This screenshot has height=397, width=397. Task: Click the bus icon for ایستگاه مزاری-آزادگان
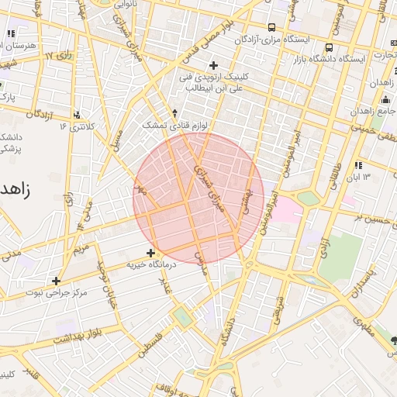[x=271, y=26]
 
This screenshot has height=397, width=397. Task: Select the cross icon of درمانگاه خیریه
[x=150, y=253]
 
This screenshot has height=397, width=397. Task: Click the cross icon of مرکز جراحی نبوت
[x=56, y=281]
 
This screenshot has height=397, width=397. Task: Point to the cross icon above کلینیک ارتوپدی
[x=213, y=64]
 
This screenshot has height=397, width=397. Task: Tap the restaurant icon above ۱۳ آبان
[x=357, y=165]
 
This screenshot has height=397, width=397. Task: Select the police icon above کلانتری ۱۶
[x=77, y=115]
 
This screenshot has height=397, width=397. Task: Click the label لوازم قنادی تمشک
[x=164, y=125]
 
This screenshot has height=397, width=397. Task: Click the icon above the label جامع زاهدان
[x=385, y=99]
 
